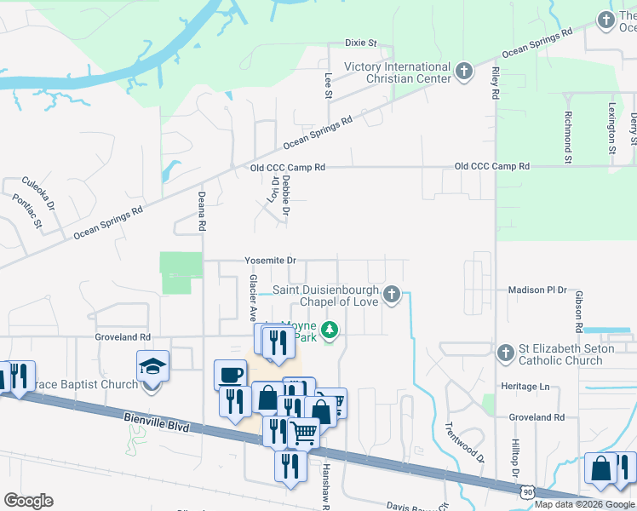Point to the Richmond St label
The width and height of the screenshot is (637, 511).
pyautogui.click(x=568, y=135)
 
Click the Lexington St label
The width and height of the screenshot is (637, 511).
pyautogui.click(x=612, y=129)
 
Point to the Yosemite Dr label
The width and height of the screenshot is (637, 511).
pyautogui.click(x=270, y=261)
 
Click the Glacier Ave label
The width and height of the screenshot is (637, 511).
pyautogui.click(x=253, y=291)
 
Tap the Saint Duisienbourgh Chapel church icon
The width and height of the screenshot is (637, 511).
pyautogui.click(x=392, y=295)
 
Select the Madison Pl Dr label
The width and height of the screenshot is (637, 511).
pyautogui.click(x=537, y=290)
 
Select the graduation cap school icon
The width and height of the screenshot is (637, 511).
pyautogui.click(x=152, y=368)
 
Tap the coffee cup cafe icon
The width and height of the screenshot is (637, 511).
pyautogui.click(x=230, y=375)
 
